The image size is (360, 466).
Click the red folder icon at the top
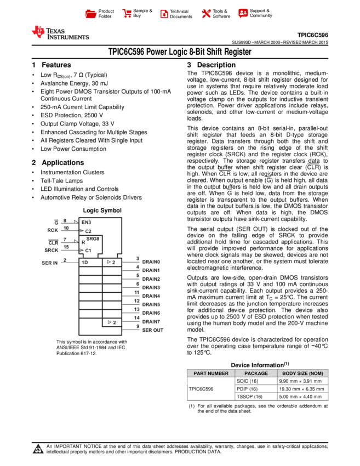coord(91,14)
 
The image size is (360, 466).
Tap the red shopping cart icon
coord(127,14)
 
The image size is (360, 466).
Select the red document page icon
coord(164,14)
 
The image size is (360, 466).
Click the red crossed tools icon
coord(206,14)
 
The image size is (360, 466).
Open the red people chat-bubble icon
coord(243,13)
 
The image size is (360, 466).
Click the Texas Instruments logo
coord(60,33)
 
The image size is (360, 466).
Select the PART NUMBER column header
coord(211,373)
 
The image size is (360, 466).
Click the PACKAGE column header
coord(256,373)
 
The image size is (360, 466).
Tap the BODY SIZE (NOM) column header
coord(302,373)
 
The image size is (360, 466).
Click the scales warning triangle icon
coord(38,450)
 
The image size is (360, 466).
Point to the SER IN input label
coord(50,263)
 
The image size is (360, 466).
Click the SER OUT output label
coord(153,331)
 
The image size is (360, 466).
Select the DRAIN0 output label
coord(151,262)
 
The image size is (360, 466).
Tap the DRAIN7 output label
coord(151,322)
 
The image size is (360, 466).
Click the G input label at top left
coord(56,222)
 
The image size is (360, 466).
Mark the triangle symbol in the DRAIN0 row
coord(109,262)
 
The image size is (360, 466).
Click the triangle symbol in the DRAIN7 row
coord(110,322)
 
